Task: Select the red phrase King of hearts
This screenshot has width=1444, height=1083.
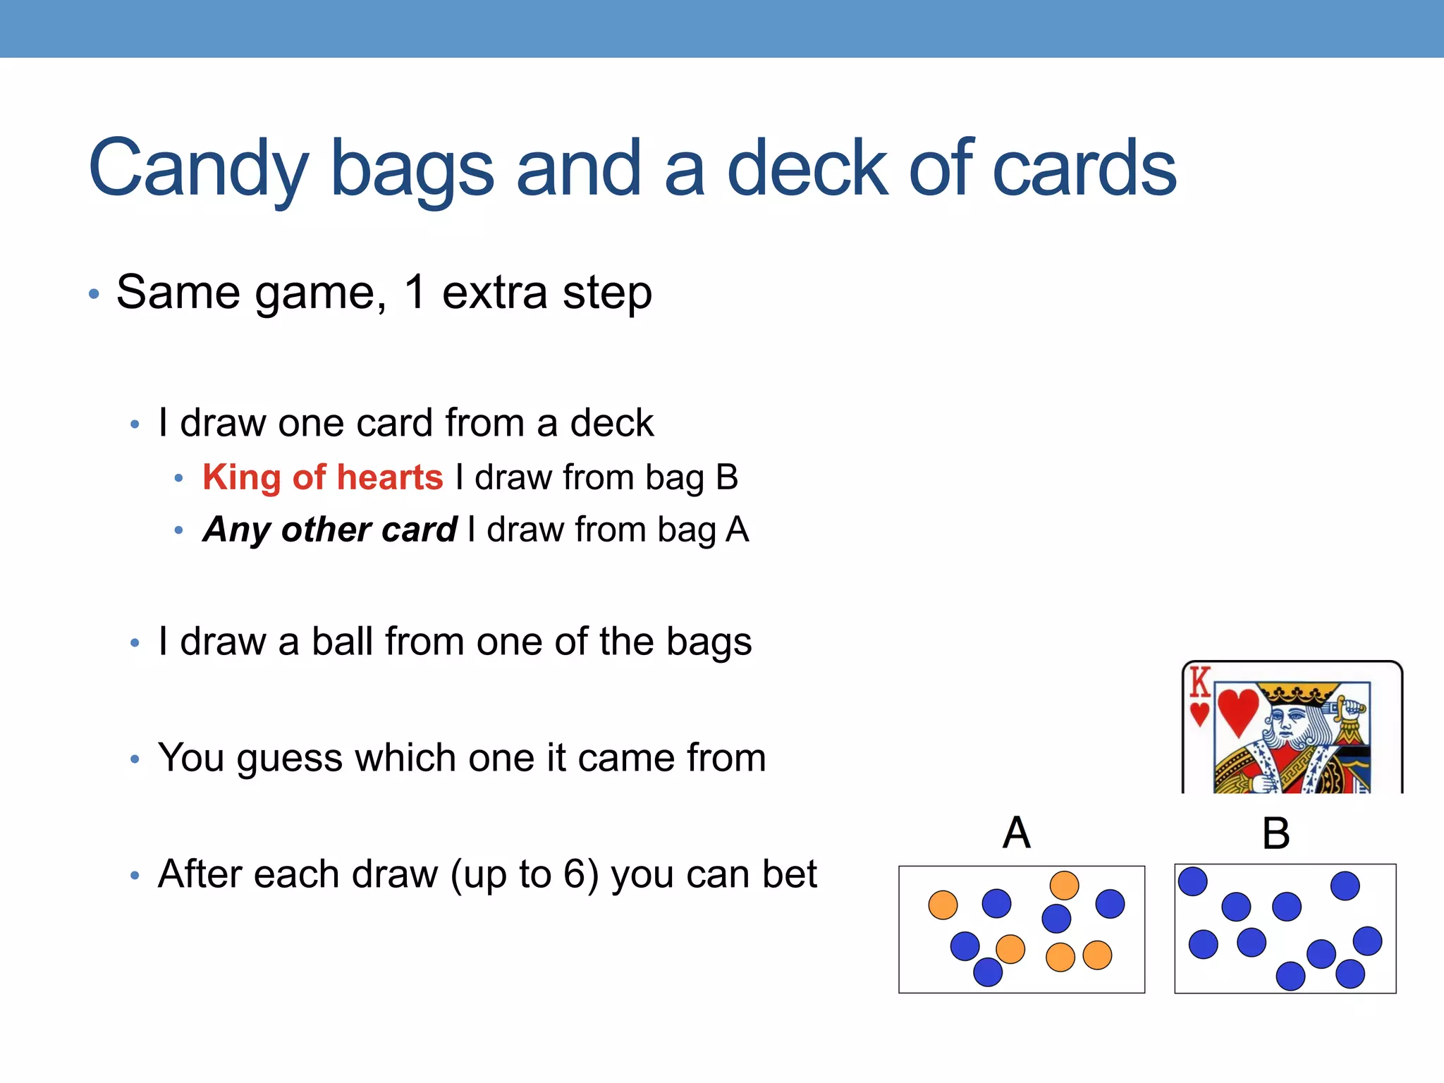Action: (x=323, y=477)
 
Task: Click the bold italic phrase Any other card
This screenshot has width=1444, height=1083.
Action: (x=330, y=530)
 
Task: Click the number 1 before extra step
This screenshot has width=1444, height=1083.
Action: (x=415, y=292)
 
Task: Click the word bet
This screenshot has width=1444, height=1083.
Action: (x=790, y=874)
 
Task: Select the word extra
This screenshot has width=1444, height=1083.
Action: (x=494, y=292)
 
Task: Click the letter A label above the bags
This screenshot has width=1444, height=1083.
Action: (x=1016, y=833)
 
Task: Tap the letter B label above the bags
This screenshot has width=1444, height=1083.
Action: (x=1275, y=833)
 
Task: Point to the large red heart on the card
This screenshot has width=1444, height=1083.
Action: (x=1238, y=711)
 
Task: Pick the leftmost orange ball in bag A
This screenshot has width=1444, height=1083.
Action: (x=943, y=905)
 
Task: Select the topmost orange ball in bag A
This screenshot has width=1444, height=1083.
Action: (x=1064, y=886)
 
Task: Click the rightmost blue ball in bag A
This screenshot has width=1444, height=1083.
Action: (x=1110, y=904)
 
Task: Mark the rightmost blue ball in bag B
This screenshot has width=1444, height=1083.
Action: (x=1367, y=941)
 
